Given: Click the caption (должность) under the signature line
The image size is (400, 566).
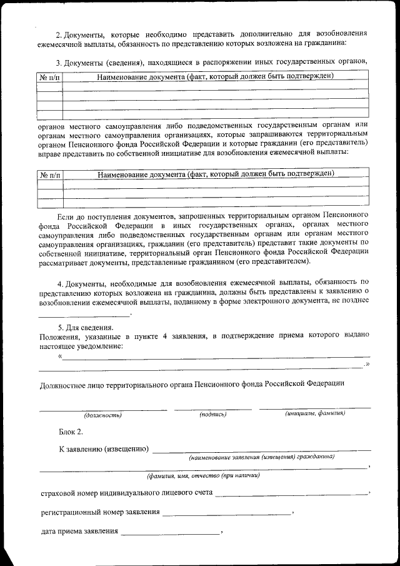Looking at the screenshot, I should point(102,415).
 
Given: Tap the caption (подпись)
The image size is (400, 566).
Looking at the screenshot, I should point(212,414).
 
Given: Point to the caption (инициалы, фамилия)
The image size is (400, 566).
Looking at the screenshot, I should point(314,413).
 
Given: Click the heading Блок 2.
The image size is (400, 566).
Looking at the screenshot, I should point(70,432).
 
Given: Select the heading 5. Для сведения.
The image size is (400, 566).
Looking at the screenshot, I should point(86,327).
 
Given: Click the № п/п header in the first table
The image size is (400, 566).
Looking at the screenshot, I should point(50,77).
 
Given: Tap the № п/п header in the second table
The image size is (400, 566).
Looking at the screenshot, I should point(50,174).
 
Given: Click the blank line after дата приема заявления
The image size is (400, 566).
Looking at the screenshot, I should point(171,533).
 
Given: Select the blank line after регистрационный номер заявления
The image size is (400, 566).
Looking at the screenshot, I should point(226,514).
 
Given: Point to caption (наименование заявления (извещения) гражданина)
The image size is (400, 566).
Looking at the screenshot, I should point(261,457).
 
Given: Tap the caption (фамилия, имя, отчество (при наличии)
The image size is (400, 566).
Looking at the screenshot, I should point(203,475).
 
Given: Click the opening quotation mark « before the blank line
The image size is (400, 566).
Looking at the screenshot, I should point(60,356).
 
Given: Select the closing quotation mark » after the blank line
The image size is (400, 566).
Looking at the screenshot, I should point(367,365).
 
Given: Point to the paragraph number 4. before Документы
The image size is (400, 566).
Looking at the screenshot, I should point(61,283).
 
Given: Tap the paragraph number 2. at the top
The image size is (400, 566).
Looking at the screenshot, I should point(59,33).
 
